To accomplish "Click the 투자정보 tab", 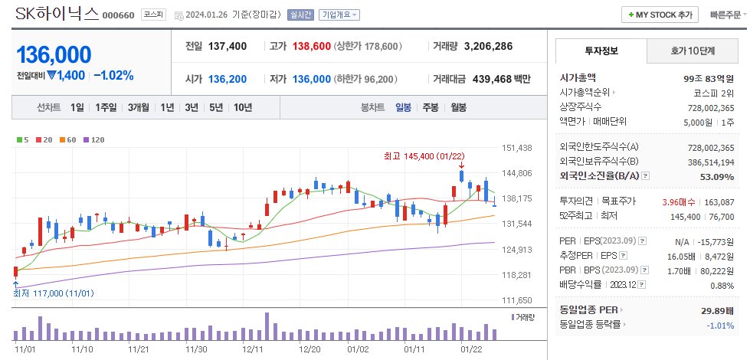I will click(x=601, y=51).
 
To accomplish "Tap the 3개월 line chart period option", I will click(x=139, y=107).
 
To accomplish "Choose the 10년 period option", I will click(x=243, y=107).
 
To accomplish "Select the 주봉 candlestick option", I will click(x=431, y=107).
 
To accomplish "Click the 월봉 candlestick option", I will click(x=458, y=107).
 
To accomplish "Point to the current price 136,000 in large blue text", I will click(x=54, y=54).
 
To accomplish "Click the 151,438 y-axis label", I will click(x=517, y=148).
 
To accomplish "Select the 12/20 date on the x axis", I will click(x=309, y=349).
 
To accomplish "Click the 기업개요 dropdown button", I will click(x=339, y=15).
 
